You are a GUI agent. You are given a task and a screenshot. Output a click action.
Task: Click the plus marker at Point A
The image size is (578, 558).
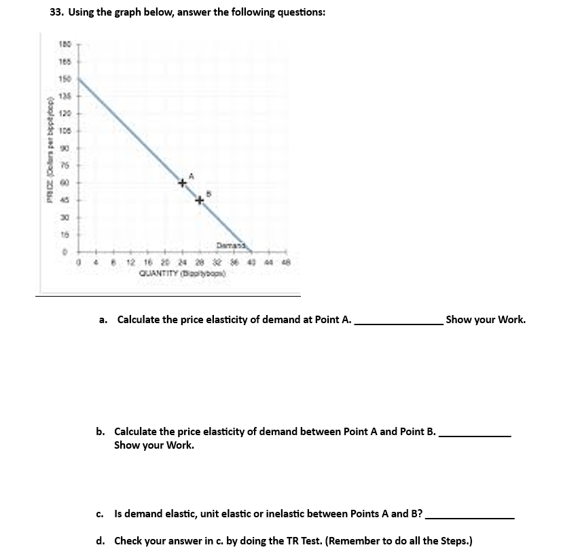[x=182, y=183]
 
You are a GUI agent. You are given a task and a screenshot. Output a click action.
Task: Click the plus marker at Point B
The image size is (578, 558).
[x=200, y=200]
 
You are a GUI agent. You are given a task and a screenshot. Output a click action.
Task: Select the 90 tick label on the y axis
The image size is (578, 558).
[x=66, y=147]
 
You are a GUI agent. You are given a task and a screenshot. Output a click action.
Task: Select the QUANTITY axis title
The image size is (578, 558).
[x=182, y=274]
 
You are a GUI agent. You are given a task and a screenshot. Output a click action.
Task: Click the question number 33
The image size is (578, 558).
[x=57, y=12]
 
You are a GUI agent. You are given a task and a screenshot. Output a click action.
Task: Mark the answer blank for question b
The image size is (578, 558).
[x=475, y=435]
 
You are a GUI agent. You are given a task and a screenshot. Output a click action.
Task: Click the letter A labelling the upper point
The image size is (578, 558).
[x=191, y=176]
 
